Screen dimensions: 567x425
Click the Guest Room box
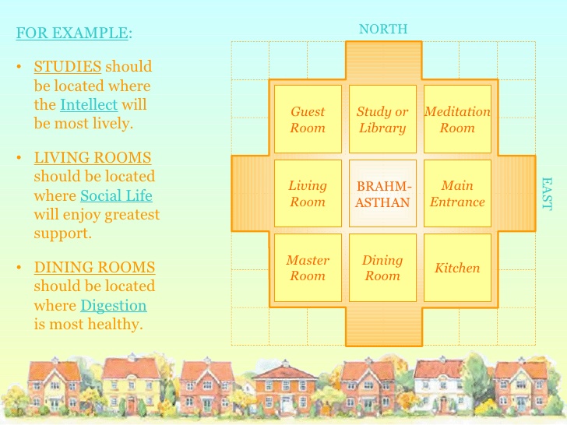[308, 119]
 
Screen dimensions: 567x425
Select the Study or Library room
[382, 119]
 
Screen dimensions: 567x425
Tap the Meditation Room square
[457, 119]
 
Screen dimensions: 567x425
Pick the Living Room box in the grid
[308, 193]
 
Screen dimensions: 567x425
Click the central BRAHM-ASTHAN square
[382, 193]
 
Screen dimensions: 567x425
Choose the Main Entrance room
[457, 193]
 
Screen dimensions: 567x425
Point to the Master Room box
[308, 268]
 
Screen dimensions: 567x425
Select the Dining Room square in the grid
[382, 268]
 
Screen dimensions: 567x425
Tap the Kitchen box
[457, 268]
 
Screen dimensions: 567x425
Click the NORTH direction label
[383, 29]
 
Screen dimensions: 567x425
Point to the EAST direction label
[547, 194]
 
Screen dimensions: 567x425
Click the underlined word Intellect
[89, 105]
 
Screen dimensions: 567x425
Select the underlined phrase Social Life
[116, 195]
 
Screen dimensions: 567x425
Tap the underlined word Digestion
[114, 306]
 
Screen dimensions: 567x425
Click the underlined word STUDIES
[68, 66]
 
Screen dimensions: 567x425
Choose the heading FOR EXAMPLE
[72, 33]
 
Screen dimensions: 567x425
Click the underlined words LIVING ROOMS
[93, 157]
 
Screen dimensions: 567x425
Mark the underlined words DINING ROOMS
[94, 268]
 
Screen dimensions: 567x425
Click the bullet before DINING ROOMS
[19, 268]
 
